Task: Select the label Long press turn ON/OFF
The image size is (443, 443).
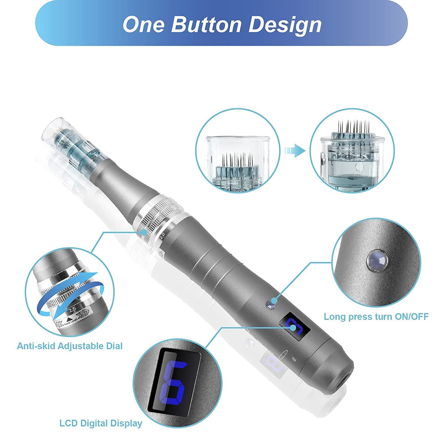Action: (x=376, y=317)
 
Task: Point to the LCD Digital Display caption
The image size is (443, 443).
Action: (x=101, y=423)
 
